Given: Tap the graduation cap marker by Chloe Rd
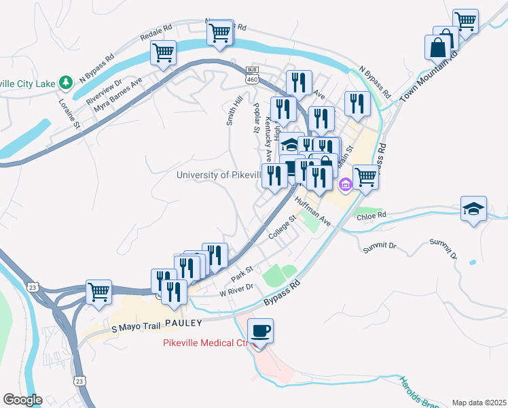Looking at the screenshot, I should pyautogui.click(x=473, y=207).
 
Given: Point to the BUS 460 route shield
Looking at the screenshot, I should pyautogui.click(x=252, y=75).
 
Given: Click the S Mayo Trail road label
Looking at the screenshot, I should pyautogui.click(x=135, y=328).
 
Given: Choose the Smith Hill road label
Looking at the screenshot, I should pyautogui.click(x=234, y=110).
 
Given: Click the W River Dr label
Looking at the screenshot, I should pyautogui.click(x=236, y=290).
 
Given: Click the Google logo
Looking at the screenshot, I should pyautogui.click(x=22, y=399).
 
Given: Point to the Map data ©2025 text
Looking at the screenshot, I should pyautogui.click(x=479, y=402).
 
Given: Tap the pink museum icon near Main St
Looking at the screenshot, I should pyautogui.click(x=345, y=184).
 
